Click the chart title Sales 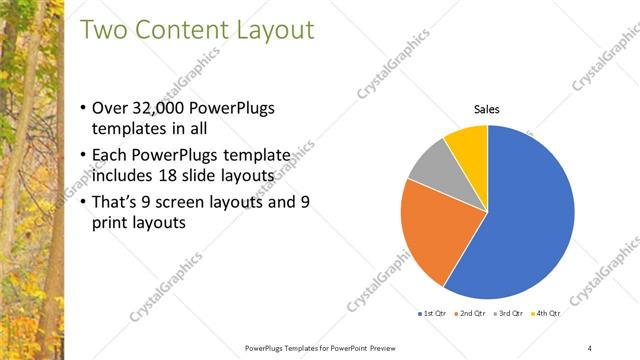tap(486, 109)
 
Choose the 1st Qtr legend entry tap(432, 314)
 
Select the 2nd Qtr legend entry tap(471, 314)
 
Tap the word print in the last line tap(110, 225)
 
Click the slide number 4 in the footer tap(589, 347)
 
